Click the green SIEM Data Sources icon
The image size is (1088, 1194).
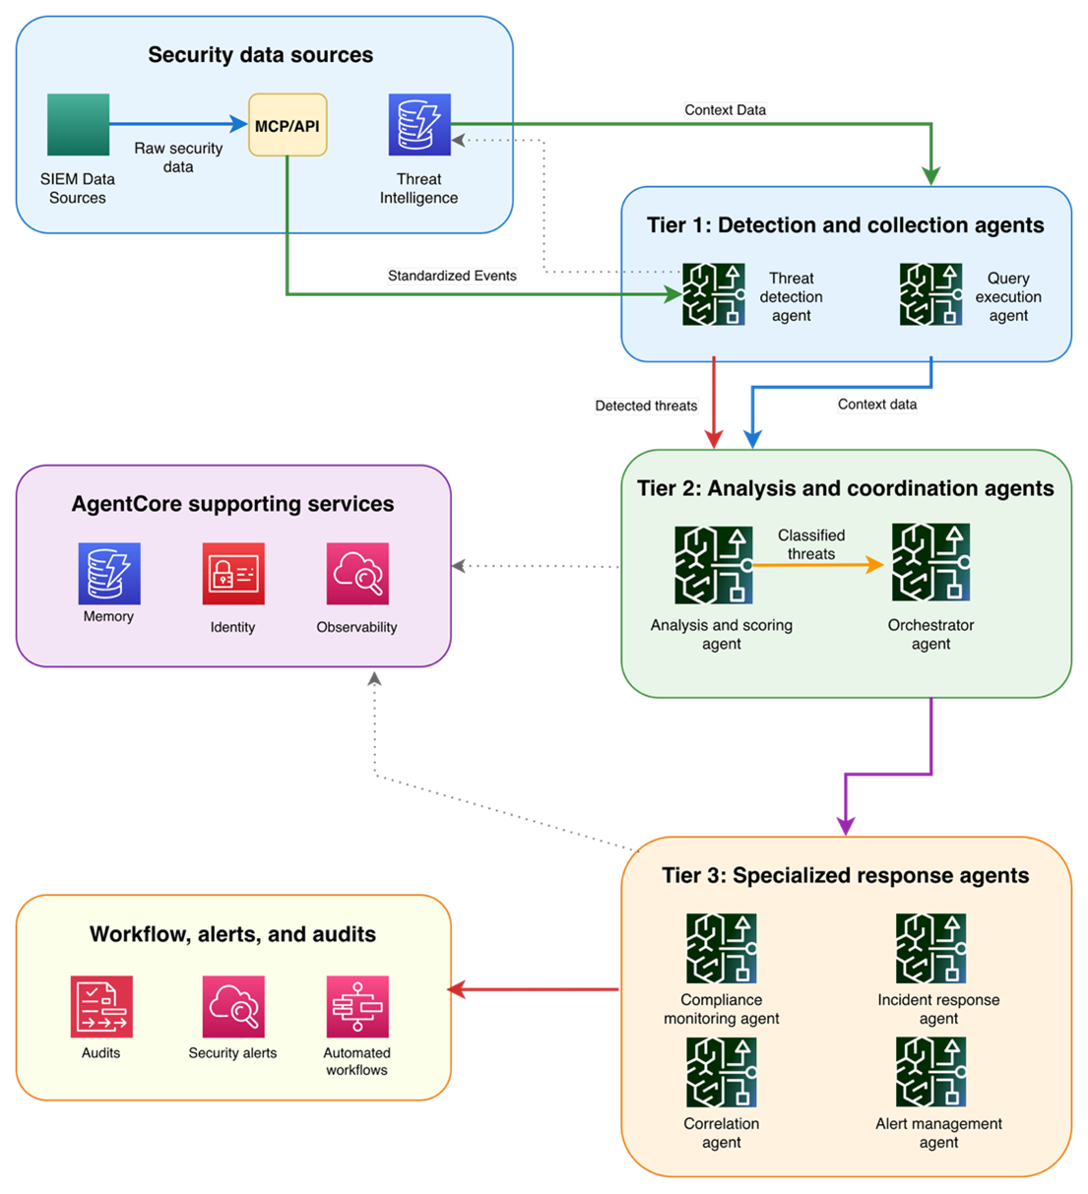78,125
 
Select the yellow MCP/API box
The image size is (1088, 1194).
288,125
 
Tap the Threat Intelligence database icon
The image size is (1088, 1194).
419,125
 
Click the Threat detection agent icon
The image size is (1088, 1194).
714,294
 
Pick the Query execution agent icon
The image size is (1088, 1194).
930,294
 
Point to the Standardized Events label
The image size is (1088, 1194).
452,276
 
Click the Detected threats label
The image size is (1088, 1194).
646,406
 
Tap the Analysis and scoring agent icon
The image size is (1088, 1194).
714,565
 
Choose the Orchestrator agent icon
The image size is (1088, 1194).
930,563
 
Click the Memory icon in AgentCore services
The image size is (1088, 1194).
109,574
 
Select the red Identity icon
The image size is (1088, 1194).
233,574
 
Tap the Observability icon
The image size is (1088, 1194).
357,574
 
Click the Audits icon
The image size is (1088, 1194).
101,1007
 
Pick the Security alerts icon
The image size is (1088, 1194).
233,1007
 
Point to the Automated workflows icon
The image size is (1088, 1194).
357,1007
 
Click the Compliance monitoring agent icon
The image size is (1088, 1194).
722,949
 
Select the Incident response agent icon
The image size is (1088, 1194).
930,949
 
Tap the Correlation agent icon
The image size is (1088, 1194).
722,1073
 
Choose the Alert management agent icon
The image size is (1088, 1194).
930,1073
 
